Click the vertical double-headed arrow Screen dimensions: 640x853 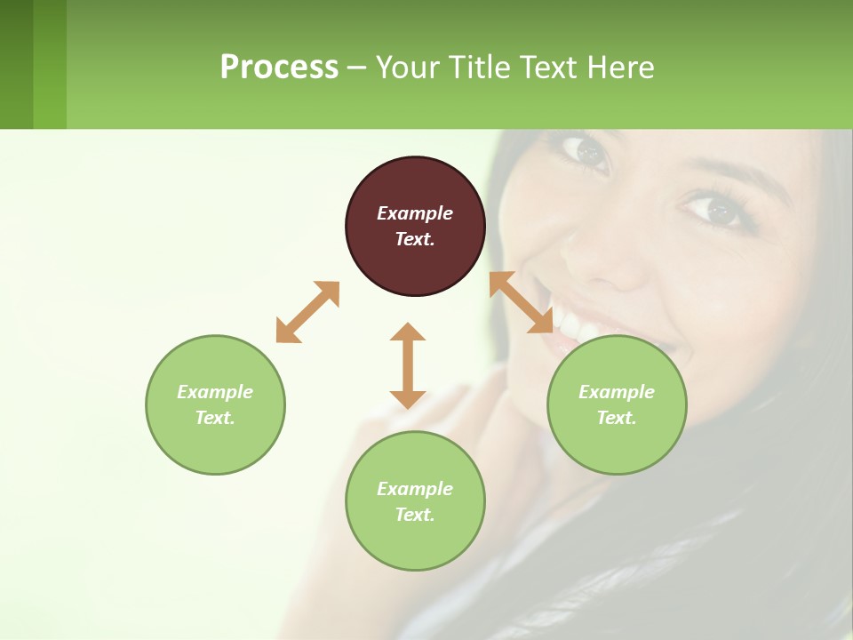tap(408, 365)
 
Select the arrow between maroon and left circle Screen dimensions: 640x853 tap(307, 312)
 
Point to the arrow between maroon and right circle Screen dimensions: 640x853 tap(522, 302)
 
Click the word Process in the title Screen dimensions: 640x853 tap(279, 67)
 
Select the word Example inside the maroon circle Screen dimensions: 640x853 tap(415, 213)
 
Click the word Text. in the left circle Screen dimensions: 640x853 tap(215, 418)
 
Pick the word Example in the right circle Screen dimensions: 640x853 tap(617, 392)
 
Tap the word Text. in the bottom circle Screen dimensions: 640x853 tap(415, 515)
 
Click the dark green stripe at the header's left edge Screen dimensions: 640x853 tap(16, 64)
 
